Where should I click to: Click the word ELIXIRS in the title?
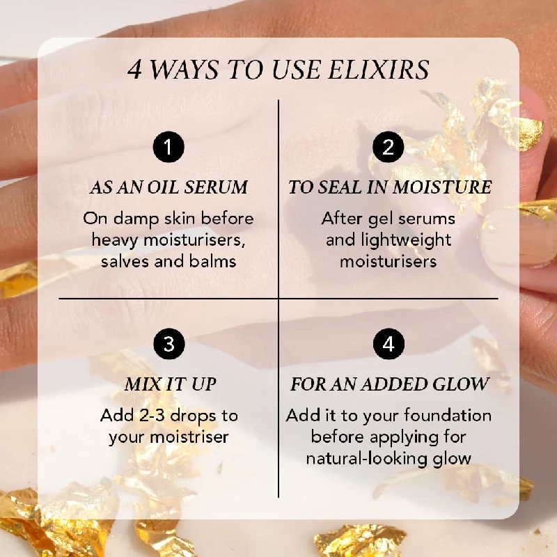point(378,69)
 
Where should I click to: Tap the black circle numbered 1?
point(168,147)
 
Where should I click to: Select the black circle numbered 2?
point(389,147)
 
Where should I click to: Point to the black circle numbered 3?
point(169,343)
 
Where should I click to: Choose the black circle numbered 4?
point(389,343)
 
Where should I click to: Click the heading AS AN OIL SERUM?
point(168,187)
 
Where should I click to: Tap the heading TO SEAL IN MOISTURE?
point(390,187)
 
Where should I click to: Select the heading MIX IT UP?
point(171,384)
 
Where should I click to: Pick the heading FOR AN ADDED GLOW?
point(390,384)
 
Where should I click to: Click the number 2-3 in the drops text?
point(152,415)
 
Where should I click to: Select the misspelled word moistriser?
point(189,437)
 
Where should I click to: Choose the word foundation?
point(448,415)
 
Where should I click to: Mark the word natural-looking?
point(367,459)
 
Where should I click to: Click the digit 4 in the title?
point(134,70)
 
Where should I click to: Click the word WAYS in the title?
point(185,69)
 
